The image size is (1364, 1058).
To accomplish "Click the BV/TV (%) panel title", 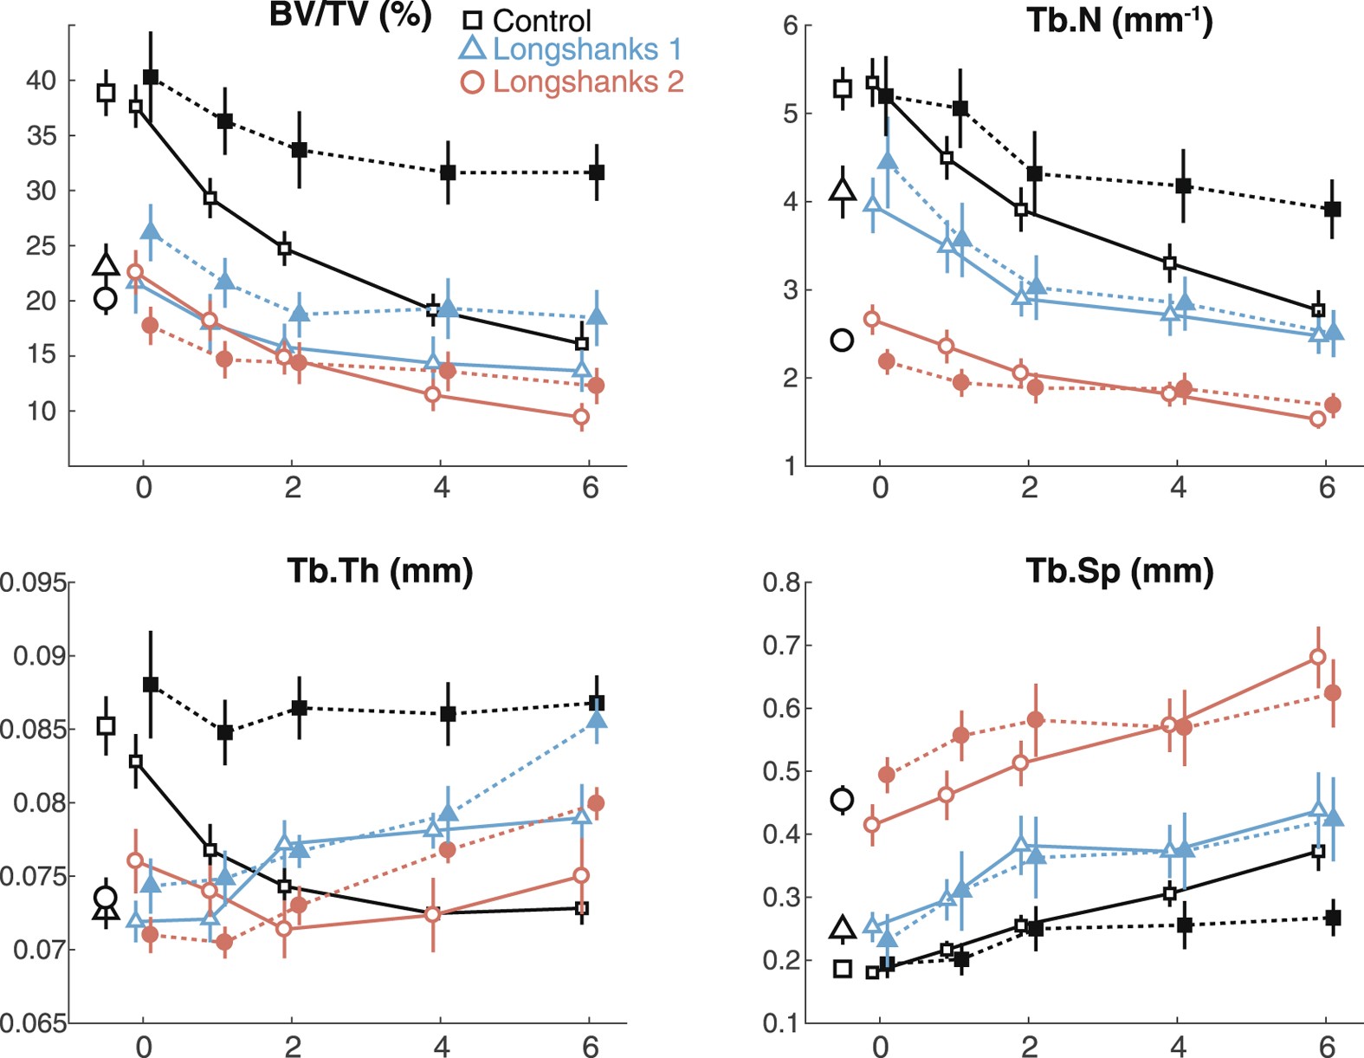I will tap(350, 16).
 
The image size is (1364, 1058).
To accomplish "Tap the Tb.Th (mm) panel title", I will tap(379, 571).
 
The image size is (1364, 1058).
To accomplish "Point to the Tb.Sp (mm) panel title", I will tap(1120, 571).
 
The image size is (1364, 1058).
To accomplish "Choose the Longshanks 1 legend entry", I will tap(572, 49).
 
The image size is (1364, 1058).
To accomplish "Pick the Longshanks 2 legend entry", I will tap(572, 82).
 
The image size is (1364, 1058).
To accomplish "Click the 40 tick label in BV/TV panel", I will tap(41, 81).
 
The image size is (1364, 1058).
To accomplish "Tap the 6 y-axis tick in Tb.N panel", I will tap(790, 26).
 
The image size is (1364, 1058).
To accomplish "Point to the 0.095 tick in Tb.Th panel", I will tap(33, 582).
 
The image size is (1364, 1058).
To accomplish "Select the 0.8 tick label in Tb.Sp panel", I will tap(780, 582).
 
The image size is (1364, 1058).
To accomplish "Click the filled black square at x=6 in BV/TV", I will tap(596, 172).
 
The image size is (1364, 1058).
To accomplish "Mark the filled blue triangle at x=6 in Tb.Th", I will tap(597, 719).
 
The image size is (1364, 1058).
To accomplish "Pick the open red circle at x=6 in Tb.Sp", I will tap(1317, 657).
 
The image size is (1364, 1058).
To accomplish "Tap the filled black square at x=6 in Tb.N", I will tap(1333, 209).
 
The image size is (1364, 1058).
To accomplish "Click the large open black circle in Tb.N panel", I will tap(842, 340).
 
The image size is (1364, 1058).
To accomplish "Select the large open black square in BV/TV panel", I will tap(106, 93).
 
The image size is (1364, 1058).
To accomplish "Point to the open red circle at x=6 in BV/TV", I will tap(581, 417).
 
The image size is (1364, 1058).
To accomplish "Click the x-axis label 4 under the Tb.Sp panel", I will tap(1178, 1047).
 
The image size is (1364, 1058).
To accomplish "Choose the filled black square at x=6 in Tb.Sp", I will tap(1334, 918).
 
